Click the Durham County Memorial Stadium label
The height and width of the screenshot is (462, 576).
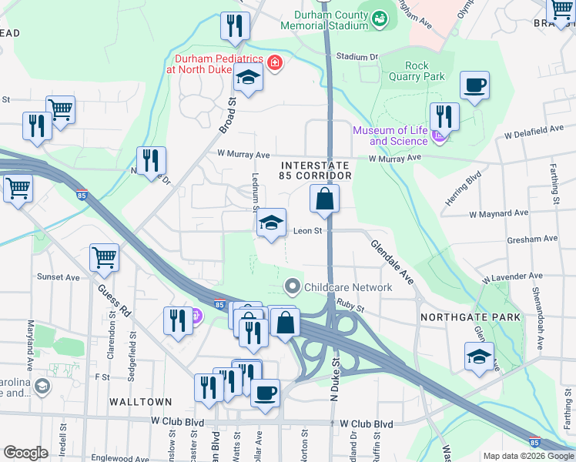(x=331, y=20)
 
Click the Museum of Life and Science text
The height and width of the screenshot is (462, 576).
(x=390, y=136)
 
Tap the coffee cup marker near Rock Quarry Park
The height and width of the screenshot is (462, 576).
(x=474, y=85)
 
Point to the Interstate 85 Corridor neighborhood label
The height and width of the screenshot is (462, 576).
(x=316, y=170)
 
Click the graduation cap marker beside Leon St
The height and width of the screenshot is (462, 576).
(x=271, y=223)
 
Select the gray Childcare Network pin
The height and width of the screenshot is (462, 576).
(x=292, y=286)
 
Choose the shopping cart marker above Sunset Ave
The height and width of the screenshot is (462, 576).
(x=104, y=259)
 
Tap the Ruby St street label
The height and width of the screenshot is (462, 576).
(x=350, y=306)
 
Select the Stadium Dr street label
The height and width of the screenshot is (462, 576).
(x=358, y=57)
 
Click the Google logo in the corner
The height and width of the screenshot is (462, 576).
(x=25, y=453)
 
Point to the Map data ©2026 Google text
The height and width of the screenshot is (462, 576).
(x=528, y=456)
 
